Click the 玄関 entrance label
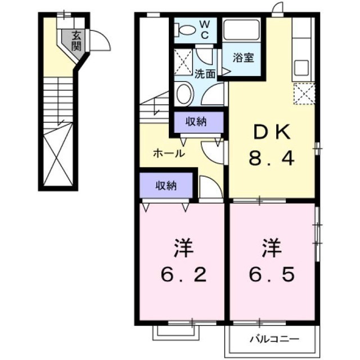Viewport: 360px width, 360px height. pos(76,41)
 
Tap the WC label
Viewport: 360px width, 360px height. pos(205,30)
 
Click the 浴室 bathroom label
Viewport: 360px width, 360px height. pos(243,57)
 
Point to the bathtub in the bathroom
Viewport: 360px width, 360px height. pos(241,30)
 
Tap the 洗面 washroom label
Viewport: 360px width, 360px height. pos(205,74)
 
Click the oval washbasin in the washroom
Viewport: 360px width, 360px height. pos(184,94)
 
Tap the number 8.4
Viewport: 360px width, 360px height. pos(272,158)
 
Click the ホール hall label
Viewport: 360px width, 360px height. pos(169,153)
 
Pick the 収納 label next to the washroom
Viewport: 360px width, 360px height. pos(196,121)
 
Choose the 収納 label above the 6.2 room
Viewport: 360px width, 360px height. pos(166,186)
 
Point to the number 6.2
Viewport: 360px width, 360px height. pos(184,274)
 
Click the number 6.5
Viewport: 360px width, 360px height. pos(272,274)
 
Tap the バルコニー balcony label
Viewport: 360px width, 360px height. pos(274,339)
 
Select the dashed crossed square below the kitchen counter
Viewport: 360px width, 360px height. pos(304,94)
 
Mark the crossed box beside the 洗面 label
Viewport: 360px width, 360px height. pos(183,62)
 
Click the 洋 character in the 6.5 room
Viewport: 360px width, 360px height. pos(272,248)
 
